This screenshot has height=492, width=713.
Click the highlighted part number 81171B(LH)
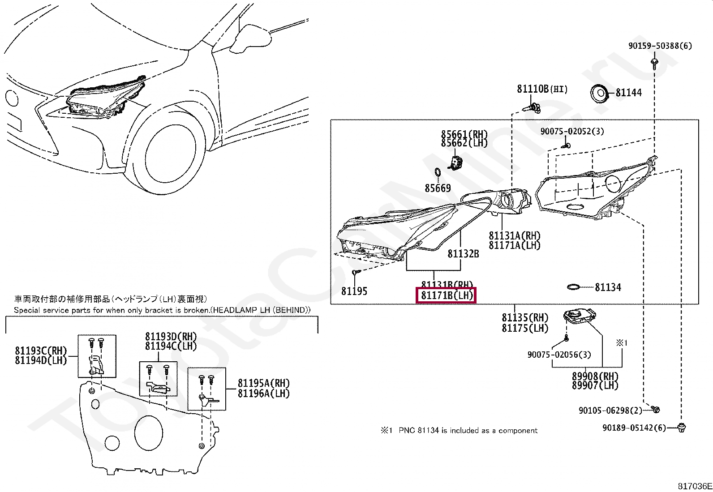click(x=446, y=295)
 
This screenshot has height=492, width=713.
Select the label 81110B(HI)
click(x=541, y=89)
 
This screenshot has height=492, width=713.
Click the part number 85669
click(x=438, y=188)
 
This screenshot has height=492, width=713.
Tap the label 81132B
click(x=463, y=254)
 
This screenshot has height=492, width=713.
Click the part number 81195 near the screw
click(x=354, y=291)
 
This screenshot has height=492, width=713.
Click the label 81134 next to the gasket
click(x=608, y=287)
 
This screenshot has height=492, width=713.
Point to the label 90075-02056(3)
click(x=559, y=355)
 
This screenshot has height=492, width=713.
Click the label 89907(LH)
click(x=595, y=385)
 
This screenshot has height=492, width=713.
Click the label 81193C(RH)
click(x=40, y=351)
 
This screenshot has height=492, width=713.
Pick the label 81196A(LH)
click(x=263, y=394)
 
